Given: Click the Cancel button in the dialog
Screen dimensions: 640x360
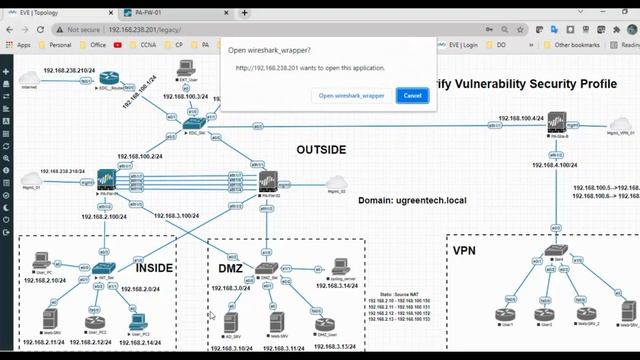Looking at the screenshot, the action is coord(412,95).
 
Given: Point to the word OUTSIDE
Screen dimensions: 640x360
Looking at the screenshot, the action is coord(321,150).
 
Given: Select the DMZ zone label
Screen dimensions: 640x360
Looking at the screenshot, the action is coord(231,268).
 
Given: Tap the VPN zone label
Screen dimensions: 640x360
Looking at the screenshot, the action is coord(465,250).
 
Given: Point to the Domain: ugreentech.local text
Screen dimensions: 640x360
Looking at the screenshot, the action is coord(406,200).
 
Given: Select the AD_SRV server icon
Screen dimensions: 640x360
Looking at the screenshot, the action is coord(231,321).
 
